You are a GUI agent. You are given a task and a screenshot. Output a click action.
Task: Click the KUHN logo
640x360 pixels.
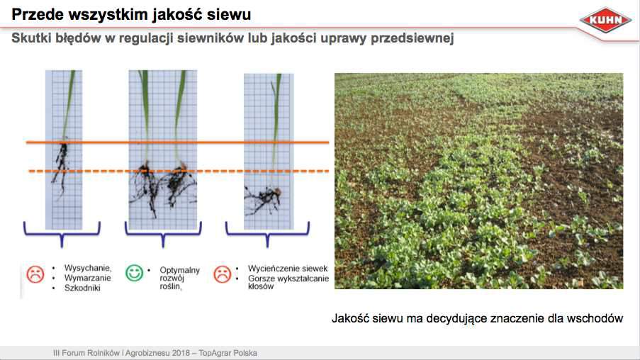pos(605,20)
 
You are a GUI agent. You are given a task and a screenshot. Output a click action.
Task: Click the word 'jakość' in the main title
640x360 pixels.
pos(176,15)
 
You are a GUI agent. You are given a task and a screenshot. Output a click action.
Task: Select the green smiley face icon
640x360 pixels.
pos(134,273)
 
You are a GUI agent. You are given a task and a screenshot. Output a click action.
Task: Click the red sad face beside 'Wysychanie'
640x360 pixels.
pos(35,274)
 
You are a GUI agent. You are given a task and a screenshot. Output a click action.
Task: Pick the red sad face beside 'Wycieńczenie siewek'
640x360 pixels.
pos(223,274)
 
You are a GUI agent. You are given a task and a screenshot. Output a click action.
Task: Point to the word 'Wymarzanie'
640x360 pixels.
pos(88,278)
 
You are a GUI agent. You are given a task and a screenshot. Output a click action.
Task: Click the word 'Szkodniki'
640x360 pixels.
pos(82,288)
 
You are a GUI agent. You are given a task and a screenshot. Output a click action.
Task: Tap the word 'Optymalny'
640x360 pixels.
pos(179,270)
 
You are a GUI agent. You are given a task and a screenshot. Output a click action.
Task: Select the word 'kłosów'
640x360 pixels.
pos(261,286)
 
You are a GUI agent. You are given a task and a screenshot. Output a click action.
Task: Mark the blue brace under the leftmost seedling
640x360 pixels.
pos(62,233)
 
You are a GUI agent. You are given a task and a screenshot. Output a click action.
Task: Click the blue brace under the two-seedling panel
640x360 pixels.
pos(163,233)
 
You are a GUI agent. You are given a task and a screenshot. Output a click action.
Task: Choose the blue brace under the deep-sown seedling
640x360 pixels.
pos(267,233)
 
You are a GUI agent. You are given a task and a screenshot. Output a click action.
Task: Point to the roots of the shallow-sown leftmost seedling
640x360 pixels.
pos(62,165)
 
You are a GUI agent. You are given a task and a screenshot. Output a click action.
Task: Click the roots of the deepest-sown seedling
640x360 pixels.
pos(263,200)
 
